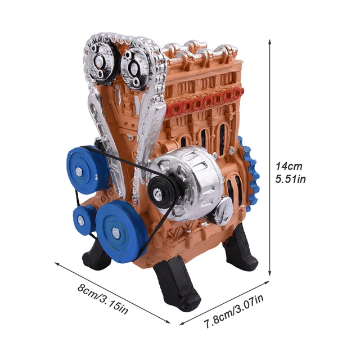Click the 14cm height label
pos(289,166)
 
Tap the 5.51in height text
pos(290,179)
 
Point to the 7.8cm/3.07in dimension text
pos(233,311)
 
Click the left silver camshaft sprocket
pos(101,60)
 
